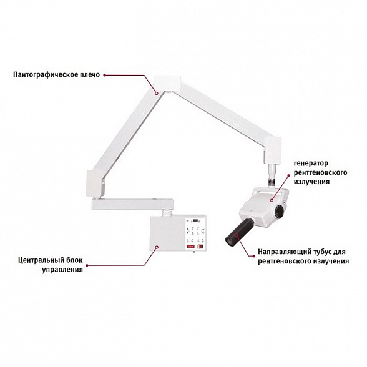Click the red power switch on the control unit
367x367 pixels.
(201, 247)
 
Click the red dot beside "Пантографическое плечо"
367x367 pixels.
(104, 74)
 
